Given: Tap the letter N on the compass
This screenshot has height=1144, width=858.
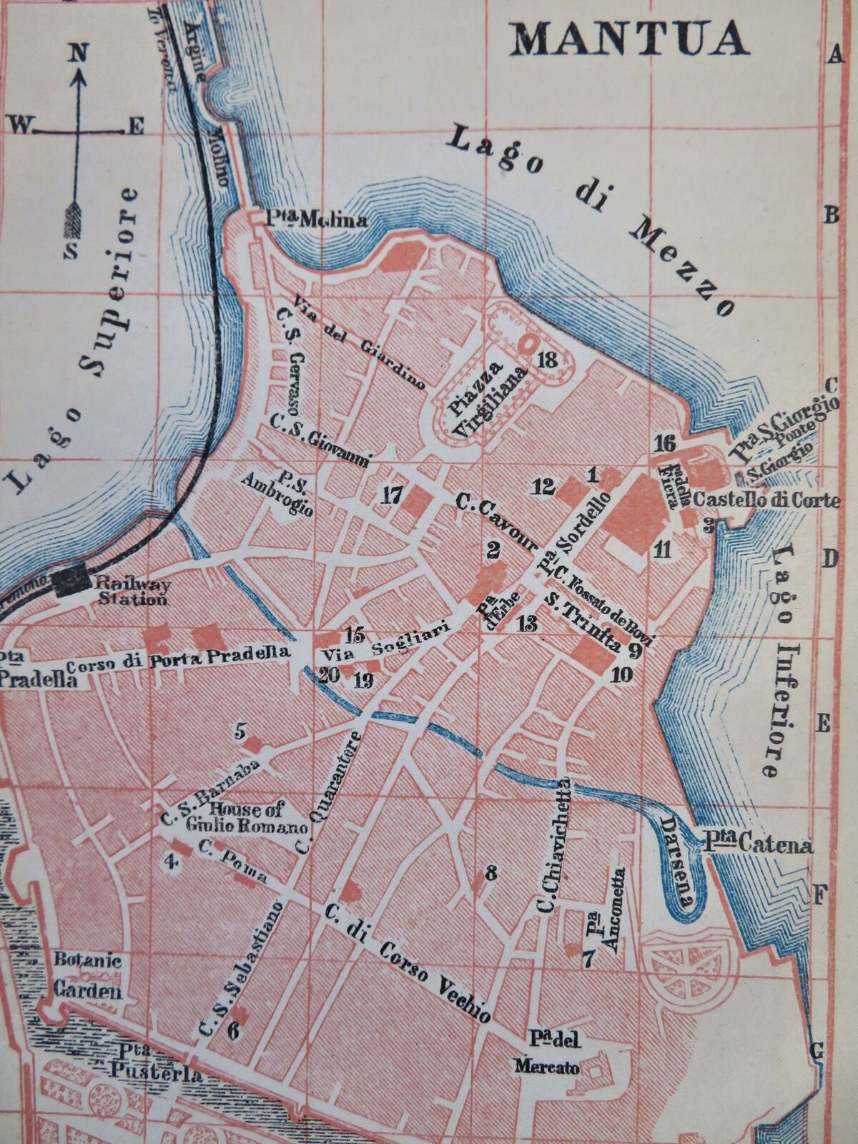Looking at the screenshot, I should [x=79, y=51].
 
